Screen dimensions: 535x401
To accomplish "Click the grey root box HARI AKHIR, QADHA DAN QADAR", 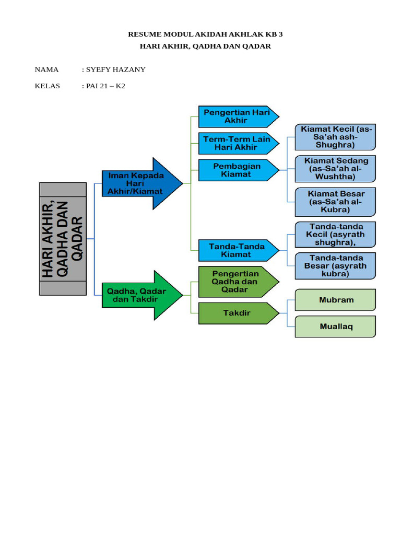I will (x=63, y=239).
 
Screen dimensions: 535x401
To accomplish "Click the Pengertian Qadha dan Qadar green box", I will (x=235, y=282).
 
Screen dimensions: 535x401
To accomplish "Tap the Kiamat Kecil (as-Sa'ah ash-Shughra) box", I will (x=335, y=137).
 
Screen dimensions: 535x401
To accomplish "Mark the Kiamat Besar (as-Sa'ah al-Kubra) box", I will (x=335, y=202).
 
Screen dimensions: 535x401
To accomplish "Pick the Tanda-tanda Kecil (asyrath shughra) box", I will (x=335, y=235).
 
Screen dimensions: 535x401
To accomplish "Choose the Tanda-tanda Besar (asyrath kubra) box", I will (x=335, y=265).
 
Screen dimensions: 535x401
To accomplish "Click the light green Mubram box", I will (x=335, y=300).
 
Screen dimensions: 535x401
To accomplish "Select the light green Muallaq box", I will (x=335, y=327).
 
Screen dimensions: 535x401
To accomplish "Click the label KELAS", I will (x=47, y=86).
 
